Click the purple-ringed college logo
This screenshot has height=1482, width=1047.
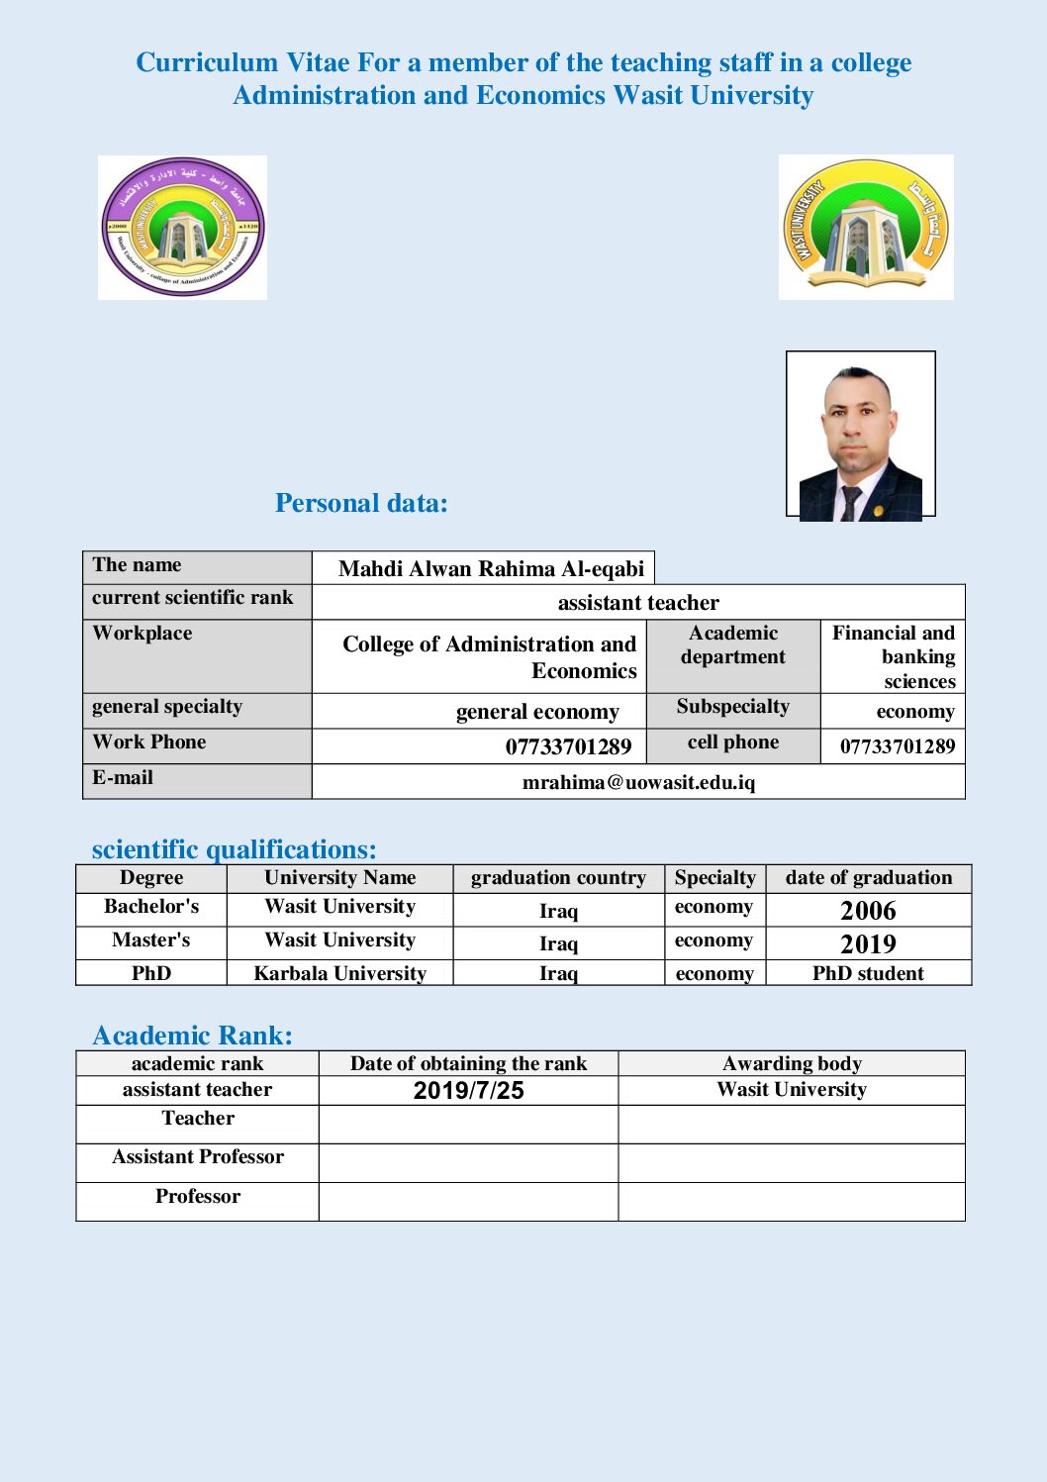pos(182,227)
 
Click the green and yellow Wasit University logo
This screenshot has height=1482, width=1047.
pos(866,227)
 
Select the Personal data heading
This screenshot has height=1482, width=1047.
pos(361,503)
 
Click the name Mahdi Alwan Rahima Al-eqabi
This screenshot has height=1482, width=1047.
pos(491,568)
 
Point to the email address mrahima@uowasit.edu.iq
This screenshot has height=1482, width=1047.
pos(638,782)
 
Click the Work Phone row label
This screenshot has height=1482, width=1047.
pos(149,742)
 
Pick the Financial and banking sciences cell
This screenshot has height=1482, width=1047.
pos(894,656)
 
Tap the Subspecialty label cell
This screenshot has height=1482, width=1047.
pos(733,707)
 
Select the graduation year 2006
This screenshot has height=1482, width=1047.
pos(868,911)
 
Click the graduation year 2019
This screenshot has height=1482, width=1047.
pos(868,943)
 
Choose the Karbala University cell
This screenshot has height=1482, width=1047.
pos(339,973)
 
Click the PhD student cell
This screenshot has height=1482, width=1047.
pos(868,973)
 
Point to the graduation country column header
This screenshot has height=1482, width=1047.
pos(558,878)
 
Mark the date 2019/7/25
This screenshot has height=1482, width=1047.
pos(468,1091)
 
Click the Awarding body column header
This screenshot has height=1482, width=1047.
pos(792,1063)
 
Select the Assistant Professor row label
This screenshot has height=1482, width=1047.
pos(198,1157)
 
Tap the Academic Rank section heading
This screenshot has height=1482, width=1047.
pos(193,1036)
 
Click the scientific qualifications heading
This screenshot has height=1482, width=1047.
pos(234,849)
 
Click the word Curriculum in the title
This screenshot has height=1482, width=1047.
pos(207,62)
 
